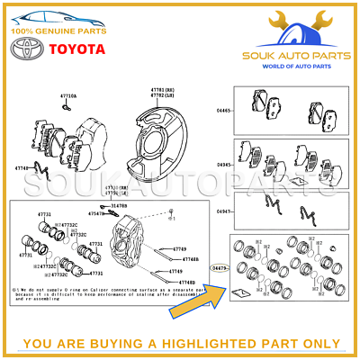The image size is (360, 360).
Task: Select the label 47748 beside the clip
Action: click(x=21, y=167)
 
